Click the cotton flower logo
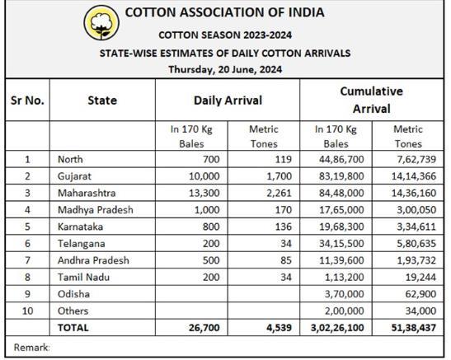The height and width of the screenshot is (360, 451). tap(101, 23)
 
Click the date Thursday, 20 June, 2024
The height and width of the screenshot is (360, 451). tap(225, 69)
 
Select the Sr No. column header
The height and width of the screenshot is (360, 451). tap(27, 101)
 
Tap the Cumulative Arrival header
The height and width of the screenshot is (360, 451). tap(371, 100)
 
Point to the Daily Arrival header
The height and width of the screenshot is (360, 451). tap(228, 101)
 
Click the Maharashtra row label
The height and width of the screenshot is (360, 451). tap(87, 193)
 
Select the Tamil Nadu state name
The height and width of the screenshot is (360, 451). tap(83, 278)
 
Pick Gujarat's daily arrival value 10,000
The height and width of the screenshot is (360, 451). tap(204, 176)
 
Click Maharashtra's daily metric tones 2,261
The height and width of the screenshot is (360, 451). tap(279, 193)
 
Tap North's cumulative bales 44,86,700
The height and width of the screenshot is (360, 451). tap(341, 159)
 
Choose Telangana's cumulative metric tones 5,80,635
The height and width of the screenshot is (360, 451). tap(416, 244)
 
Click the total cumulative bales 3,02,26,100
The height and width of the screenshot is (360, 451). tap(337, 328)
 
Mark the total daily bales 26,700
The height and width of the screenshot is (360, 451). tap(204, 328)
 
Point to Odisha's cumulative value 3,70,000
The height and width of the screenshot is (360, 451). tap(345, 294)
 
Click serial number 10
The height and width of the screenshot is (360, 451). tap(27, 311)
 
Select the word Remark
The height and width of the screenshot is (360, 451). tap(31, 348)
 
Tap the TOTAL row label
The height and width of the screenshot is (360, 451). tap(73, 328)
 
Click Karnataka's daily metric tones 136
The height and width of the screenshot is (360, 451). tap(284, 227)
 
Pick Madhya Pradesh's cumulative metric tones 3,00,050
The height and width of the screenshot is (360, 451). tap(416, 210)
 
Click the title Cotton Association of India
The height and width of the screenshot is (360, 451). tap(224, 12)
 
